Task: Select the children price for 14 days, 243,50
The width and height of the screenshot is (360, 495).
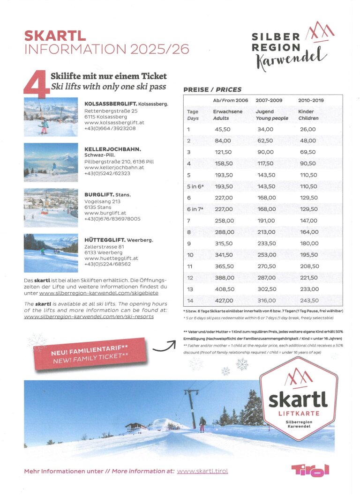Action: [308, 301]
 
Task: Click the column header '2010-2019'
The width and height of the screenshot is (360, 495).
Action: [311, 100]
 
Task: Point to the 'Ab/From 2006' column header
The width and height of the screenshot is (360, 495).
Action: [231, 100]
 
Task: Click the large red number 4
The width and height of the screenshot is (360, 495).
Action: [37, 83]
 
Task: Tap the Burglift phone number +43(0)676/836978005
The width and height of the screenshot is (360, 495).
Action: [112, 219]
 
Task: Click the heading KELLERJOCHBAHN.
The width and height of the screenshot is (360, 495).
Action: [113, 149]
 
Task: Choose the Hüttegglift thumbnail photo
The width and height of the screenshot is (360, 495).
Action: [51, 253]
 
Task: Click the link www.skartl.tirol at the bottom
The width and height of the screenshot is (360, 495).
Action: [202, 471]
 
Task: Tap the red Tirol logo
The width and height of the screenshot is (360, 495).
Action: [310, 470]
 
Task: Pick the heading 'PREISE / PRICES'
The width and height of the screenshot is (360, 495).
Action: [212, 89]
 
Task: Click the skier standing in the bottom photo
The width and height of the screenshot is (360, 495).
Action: [202, 424]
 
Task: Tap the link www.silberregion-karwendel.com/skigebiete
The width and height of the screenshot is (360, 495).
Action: [99, 293]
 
